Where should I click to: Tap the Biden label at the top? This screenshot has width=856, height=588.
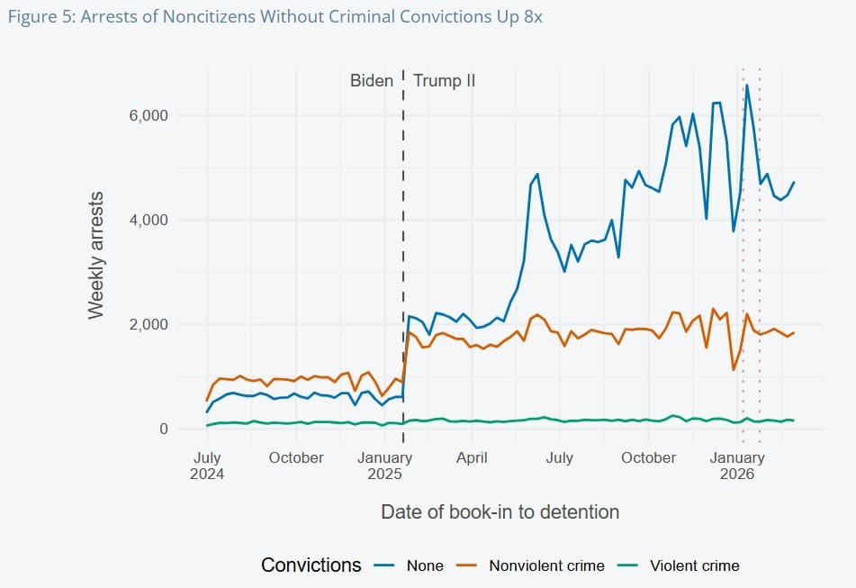372,81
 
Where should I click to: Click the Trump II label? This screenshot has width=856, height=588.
444,81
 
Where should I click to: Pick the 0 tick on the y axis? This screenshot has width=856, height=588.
163,429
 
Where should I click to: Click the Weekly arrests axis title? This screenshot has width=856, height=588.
96,254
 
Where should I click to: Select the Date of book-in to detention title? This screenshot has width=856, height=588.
500,511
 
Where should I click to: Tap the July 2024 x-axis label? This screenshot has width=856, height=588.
207,465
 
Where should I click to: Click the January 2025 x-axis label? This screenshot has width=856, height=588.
385,465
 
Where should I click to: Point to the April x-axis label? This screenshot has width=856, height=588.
472,457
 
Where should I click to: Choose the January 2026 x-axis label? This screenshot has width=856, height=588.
737,465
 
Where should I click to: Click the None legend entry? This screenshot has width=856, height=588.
425,565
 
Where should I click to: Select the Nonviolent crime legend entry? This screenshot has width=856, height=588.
546,565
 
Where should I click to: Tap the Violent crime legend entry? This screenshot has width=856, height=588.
695,565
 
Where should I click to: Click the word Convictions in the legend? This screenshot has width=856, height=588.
311,565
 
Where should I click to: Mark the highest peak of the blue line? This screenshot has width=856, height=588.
747,85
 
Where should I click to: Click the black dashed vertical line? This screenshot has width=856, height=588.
403,270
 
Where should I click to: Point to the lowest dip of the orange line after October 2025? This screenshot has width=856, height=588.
734,370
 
